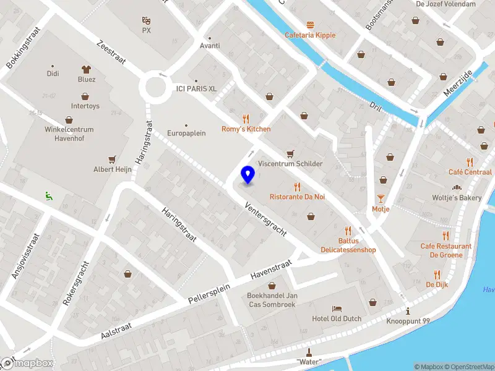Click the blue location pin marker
[x=248, y=175]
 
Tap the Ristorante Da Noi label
[x=297, y=197]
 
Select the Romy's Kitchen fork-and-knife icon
[x=246, y=119]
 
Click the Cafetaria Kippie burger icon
[x=310, y=25]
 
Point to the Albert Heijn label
[x=112, y=169]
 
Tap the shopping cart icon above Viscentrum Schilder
[x=290, y=153]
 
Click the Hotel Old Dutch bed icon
[x=337, y=308]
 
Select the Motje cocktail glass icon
[x=381, y=198]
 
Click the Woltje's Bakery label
[x=457, y=198]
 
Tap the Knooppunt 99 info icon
[x=407, y=311]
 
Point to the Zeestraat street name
[x=111, y=54]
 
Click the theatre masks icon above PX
[x=146, y=20]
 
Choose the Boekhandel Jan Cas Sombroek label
[x=272, y=299]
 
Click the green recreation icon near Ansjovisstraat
[x=48, y=197]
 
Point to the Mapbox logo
[x=27, y=364]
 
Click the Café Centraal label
[x=470, y=172]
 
